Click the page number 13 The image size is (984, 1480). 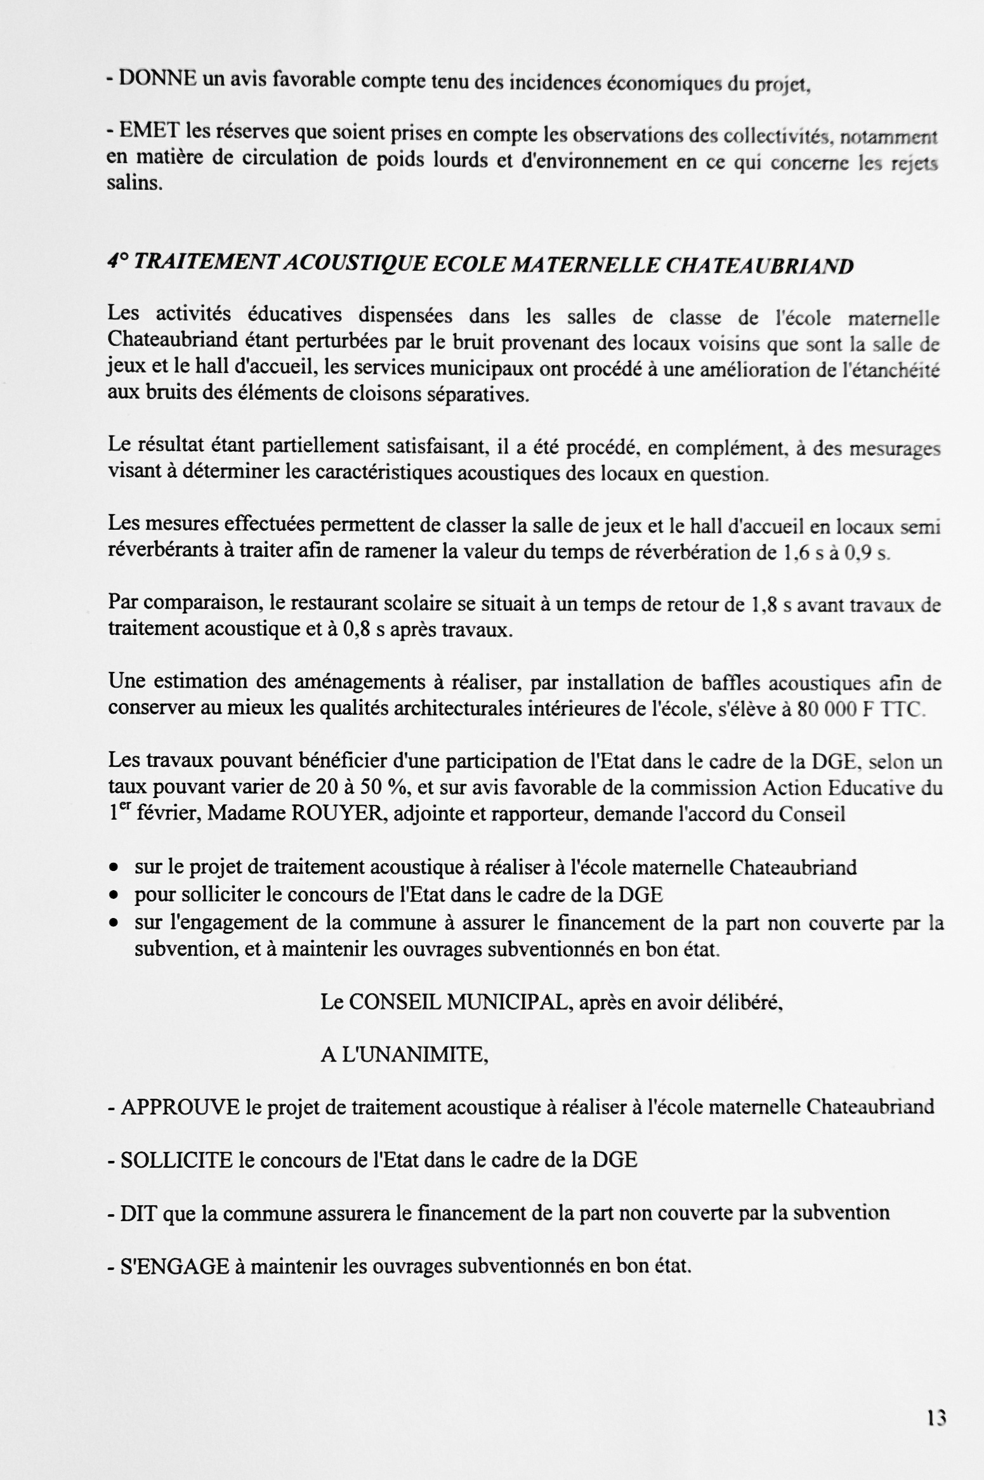[936, 1417]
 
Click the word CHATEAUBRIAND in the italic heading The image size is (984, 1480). [759, 265]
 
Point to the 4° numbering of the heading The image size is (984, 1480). [117, 262]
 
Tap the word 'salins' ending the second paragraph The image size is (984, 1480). [134, 184]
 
